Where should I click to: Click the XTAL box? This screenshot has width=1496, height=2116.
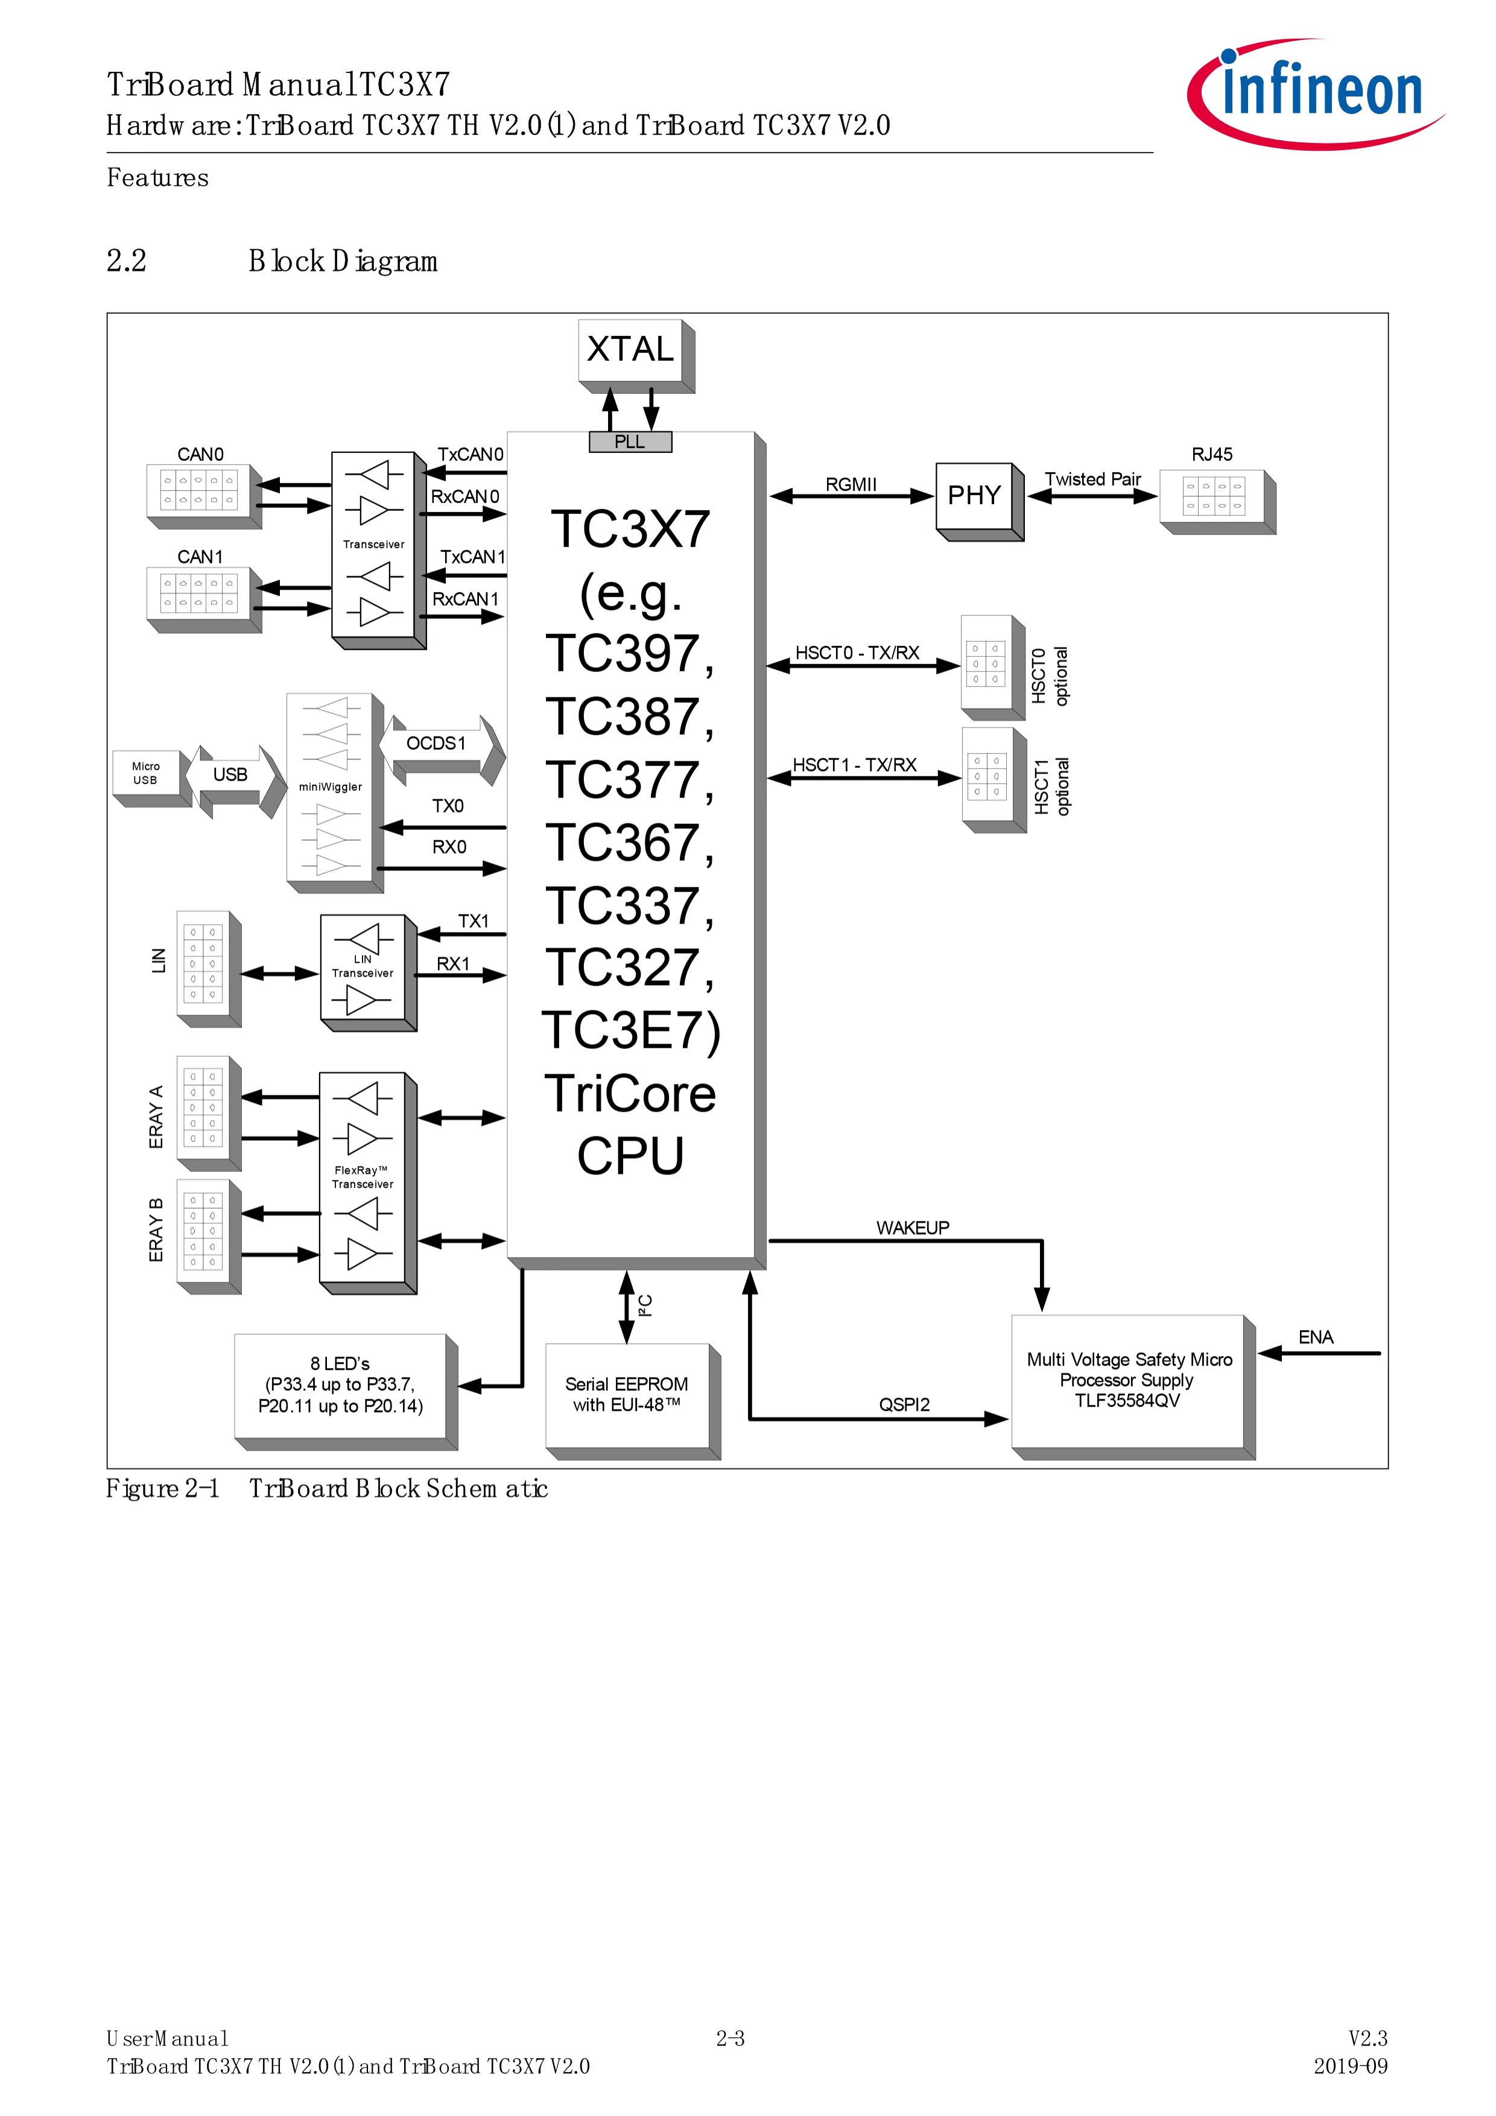(x=636, y=356)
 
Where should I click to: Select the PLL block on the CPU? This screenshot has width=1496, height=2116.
(x=630, y=442)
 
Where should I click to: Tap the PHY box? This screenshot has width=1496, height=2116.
(x=980, y=501)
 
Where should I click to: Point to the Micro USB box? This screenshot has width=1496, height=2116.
(x=151, y=779)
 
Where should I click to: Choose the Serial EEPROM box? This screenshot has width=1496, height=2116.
(x=632, y=1401)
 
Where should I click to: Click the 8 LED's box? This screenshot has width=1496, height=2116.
(x=346, y=1392)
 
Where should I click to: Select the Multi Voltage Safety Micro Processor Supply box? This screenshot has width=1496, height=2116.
(x=1133, y=1387)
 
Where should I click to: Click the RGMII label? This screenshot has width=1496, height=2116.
(x=851, y=485)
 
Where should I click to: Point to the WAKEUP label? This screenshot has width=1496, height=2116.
(x=913, y=1227)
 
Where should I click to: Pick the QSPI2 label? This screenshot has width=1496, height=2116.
(x=904, y=1404)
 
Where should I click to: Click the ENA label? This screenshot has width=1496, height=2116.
(x=1316, y=1337)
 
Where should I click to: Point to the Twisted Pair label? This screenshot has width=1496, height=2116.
(x=1092, y=479)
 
